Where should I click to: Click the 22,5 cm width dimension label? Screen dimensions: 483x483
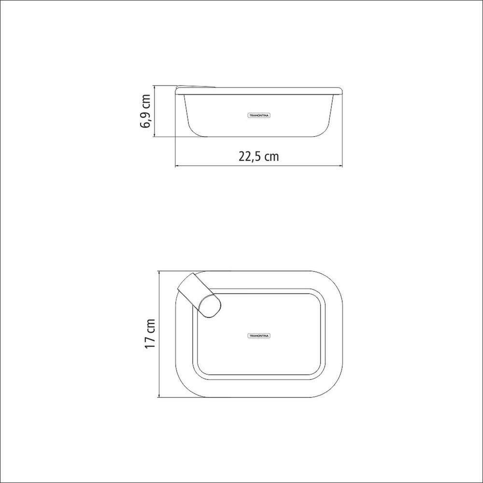(x=259, y=156)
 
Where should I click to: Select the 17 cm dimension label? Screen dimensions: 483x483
(x=150, y=333)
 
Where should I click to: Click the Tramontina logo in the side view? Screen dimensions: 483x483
(x=259, y=115)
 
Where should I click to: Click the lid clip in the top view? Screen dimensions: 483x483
(x=199, y=295)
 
